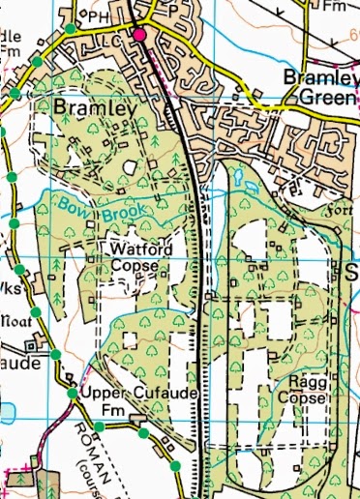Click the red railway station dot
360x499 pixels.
coord(139,35)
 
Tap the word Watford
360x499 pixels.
coord(140,249)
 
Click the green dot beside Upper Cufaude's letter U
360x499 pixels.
coord(72,394)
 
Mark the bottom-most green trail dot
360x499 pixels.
coord(175,467)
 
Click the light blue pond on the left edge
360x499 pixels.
coord(6,410)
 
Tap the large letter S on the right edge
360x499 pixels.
coord(351,272)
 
